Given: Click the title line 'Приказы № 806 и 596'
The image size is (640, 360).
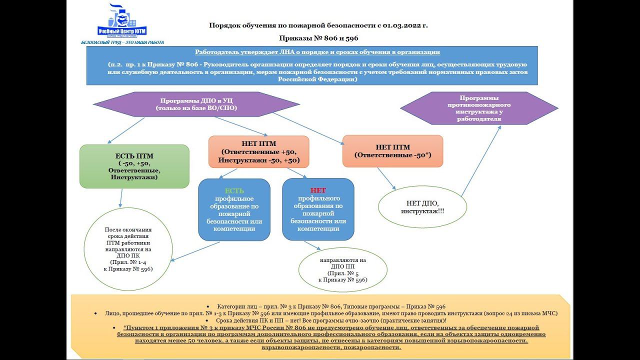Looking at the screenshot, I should pyautogui.click(x=318, y=38).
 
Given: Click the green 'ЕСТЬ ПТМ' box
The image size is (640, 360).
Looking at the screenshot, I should pyautogui.click(x=134, y=166).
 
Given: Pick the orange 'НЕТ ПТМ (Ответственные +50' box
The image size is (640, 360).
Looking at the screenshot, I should pyautogui.click(x=258, y=151).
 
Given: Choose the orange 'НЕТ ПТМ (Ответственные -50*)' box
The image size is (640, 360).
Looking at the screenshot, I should pyautogui.click(x=392, y=151).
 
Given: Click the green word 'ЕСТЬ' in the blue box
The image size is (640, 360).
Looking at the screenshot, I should pyautogui.click(x=234, y=190).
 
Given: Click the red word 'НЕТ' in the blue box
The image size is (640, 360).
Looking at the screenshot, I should pyautogui.click(x=318, y=190).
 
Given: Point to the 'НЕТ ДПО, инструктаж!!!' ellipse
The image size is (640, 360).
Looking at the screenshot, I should pyautogui.click(x=422, y=207).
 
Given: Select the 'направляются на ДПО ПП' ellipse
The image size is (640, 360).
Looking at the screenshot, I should pyautogui.click(x=342, y=270).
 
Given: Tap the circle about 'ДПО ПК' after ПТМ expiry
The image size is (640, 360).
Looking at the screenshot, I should pyautogui.click(x=128, y=249).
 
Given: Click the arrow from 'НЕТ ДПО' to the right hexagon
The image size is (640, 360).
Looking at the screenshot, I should pyautogui.click(x=481, y=160).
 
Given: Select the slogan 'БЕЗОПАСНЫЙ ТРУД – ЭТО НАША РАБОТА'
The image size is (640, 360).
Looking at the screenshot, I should pyautogui.click(x=122, y=42).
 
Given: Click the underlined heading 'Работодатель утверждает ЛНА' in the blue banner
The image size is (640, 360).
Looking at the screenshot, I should pyautogui.click(x=317, y=52).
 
